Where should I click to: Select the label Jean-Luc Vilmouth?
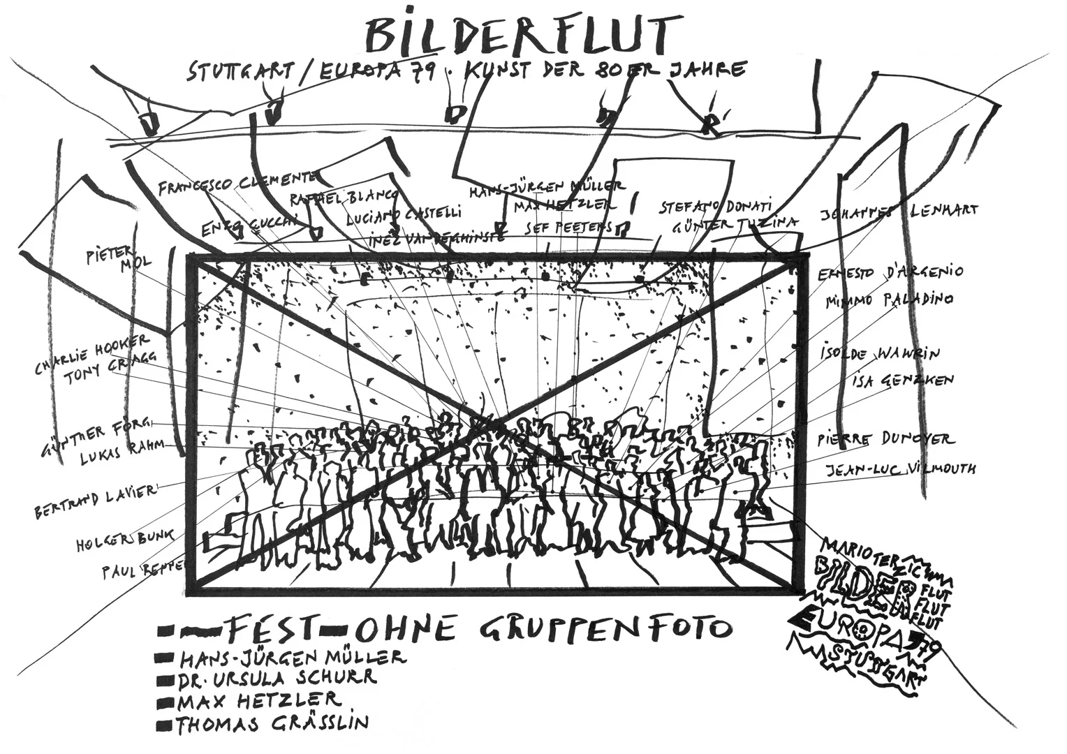pos(901,469)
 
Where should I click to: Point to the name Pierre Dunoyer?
pos(885,440)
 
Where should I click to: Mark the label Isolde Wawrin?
pos(881,354)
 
